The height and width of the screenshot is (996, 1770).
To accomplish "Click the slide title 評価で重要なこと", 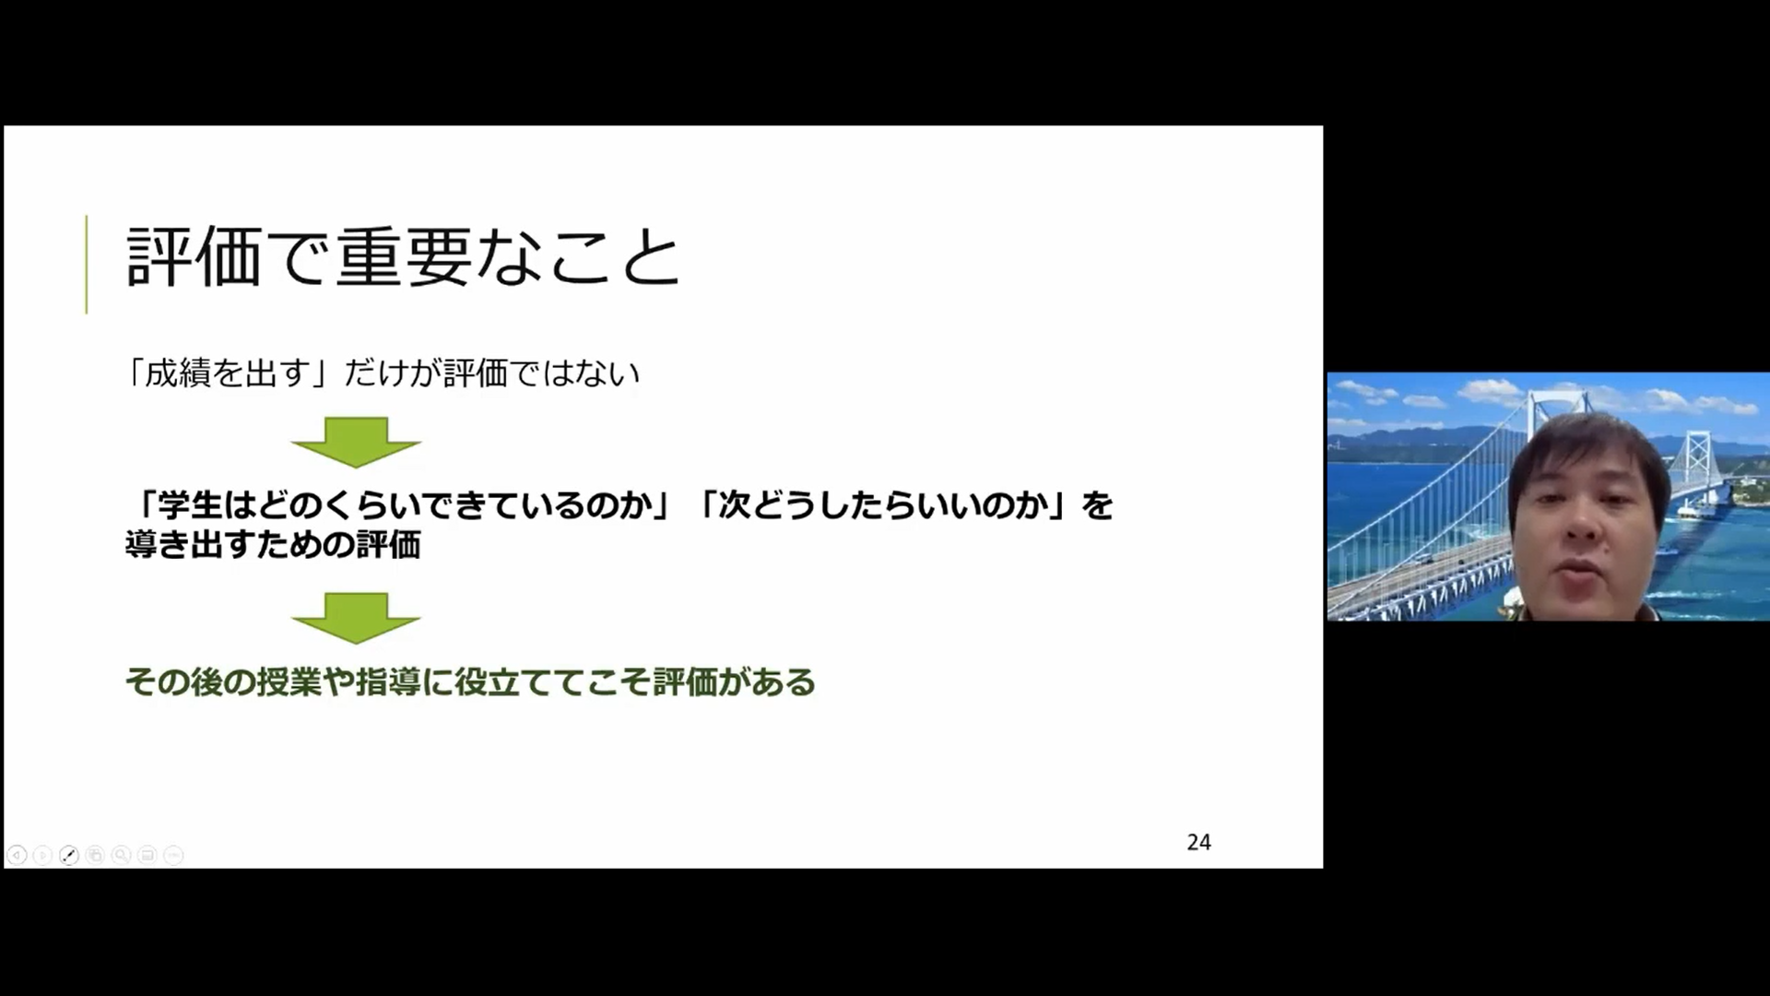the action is pyautogui.click(x=403, y=257).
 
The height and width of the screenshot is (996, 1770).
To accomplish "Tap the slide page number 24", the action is pyautogui.click(x=1198, y=842).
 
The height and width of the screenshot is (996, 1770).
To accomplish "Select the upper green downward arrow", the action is pyautogui.click(x=356, y=442).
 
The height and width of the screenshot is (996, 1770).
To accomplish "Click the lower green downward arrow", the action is pyautogui.click(x=356, y=618).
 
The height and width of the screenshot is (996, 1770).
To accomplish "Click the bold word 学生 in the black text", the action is pyautogui.click(x=191, y=505).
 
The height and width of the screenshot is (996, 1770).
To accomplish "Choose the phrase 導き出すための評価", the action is pyautogui.click(x=274, y=544).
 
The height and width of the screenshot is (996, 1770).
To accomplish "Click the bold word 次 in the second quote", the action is pyautogui.click(x=735, y=505).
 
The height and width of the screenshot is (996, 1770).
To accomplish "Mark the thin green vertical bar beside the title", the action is pyautogui.click(x=87, y=265).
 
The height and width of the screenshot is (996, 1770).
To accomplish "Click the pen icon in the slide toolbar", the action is pyautogui.click(x=69, y=855).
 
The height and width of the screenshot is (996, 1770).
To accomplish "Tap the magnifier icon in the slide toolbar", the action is pyautogui.click(x=121, y=855).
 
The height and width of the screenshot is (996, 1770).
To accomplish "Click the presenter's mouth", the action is pyautogui.click(x=1582, y=568).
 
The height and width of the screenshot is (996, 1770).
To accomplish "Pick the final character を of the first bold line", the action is pyautogui.click(x=1098, y=505).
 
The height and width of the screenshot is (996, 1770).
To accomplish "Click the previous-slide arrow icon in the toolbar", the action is pyautogui.click(x=17, y=855).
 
